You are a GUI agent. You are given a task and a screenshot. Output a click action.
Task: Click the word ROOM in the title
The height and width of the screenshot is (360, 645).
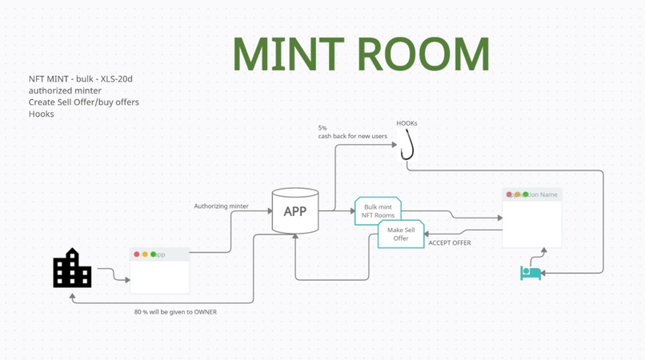(423, 53)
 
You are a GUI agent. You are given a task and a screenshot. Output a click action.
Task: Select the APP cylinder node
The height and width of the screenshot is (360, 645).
(295, 211)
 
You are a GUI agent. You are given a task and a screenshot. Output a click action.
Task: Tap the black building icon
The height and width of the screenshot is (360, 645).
(72, 268)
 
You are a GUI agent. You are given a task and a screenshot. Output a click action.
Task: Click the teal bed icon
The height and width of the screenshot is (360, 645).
(531, 273)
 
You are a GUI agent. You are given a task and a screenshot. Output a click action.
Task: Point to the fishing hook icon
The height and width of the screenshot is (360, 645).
(407, 145)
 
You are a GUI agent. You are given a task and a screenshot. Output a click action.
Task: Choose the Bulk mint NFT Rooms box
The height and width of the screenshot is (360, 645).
(378, 211)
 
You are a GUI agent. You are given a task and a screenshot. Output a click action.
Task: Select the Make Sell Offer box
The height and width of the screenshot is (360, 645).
(401, 234)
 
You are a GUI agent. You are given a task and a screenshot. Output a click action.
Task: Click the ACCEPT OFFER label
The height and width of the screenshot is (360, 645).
(450, 242)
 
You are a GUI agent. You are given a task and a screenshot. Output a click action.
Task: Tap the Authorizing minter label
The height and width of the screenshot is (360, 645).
(221, 206)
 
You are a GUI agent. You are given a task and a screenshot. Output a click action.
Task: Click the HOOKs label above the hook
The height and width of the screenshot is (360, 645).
(407, 123)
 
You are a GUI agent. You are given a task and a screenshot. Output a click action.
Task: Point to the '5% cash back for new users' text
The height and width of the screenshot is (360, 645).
(352, 132)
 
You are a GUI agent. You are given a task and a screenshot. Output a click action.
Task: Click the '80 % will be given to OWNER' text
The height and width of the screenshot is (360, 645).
(175, 312)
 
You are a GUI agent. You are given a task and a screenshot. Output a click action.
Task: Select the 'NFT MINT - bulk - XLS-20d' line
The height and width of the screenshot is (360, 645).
(80, 79)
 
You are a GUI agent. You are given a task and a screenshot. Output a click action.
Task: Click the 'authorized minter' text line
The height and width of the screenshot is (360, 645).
(65, 90)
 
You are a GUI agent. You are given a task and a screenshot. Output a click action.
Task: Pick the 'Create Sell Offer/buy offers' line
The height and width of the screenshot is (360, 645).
(83, 102)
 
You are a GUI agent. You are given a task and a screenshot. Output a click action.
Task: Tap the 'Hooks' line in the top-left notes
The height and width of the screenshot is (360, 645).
(42, 114)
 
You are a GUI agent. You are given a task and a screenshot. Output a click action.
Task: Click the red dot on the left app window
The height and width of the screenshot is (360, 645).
(137, 254)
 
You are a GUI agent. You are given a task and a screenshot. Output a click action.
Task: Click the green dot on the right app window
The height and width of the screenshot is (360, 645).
(526, 194)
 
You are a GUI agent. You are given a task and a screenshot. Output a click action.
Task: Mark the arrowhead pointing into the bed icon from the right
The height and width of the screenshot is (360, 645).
(546, 273)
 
